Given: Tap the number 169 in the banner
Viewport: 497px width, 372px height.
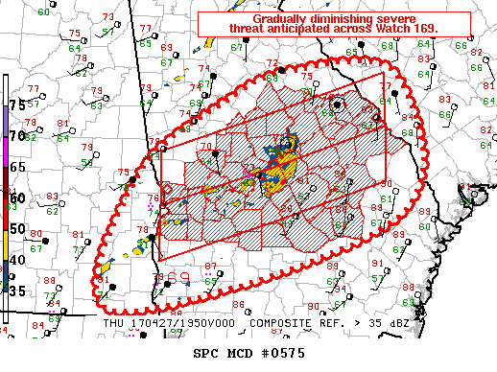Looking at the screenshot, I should pos(422,30).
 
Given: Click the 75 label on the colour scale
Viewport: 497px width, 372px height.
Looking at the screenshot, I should pos(16,105).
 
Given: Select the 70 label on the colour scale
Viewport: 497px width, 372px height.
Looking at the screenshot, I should pos(16,136).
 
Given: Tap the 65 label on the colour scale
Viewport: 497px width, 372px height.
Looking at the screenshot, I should pos(16,167).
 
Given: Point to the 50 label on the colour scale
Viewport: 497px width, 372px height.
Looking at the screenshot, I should pos(16,229).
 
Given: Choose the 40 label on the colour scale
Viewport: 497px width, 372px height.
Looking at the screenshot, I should pos(16,260).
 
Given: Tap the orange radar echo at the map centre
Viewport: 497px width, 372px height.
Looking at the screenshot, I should pos(278,174).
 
